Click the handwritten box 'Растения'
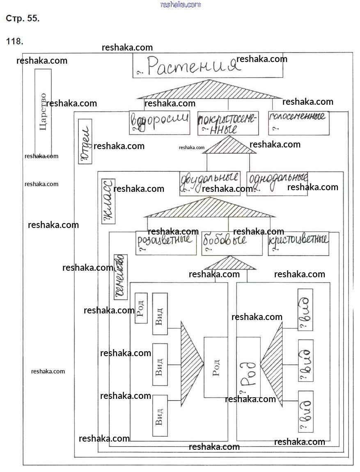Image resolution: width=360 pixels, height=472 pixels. click(208, 66)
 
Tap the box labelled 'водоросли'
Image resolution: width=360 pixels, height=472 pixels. click(160, 122)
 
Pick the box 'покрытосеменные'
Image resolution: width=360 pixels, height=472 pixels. click(228, 123)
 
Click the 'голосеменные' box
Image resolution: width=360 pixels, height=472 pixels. click(298, 123)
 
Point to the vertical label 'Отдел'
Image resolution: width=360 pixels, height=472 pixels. click(85, 141)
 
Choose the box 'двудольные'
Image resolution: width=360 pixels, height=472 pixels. click(210, 183)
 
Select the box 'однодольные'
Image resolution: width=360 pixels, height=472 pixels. click(277, 183)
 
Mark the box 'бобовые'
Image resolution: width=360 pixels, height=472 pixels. click(232, 243)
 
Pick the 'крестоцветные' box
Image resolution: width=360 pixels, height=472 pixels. click(298, 243)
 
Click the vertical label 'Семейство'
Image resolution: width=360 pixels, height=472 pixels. click(120, 277)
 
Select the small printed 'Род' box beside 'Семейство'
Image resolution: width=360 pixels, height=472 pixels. click(141, 308)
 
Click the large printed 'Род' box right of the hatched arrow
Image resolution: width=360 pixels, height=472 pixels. click(216, 367)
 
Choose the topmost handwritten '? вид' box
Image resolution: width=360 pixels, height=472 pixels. click(305, 309)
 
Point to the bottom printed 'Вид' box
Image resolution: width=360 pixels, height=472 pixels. click(160, 415)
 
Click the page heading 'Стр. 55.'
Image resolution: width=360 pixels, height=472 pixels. click(23, 18)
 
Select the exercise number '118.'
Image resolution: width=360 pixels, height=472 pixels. click(15, 41)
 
